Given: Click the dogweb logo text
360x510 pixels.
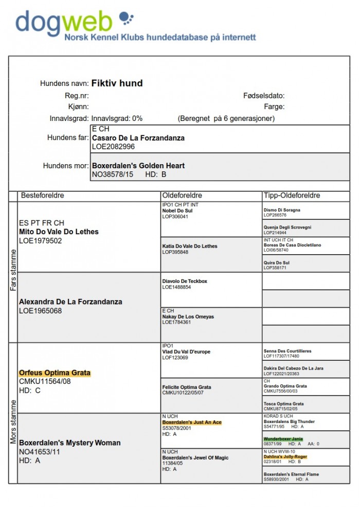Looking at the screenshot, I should [x=64, y=23].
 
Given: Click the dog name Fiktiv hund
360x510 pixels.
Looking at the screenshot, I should [x=117, y=83].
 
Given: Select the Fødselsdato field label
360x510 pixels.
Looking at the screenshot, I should [x=264, y=96].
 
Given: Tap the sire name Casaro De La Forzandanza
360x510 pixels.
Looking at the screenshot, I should [x=138, y=138].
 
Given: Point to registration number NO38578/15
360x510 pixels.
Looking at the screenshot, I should [x=113, y=174].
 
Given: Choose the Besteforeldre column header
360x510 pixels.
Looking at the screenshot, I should [x=42, y=196].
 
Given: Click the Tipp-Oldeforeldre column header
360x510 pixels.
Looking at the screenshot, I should [x=292, y=196].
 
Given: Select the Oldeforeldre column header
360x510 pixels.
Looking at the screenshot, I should [x=182, y=196].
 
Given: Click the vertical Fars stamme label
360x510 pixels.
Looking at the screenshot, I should [x=13, y=270].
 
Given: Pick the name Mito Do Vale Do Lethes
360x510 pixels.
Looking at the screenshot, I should [x=59, y=232].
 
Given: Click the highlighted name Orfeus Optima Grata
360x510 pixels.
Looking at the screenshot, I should [x=55, y=373].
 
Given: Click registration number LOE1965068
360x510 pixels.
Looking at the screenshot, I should [x=40, y=311].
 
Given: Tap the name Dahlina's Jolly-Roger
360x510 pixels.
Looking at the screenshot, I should [x=285, y=456].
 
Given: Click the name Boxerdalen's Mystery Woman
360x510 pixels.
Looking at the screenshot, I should [x=70, y=443].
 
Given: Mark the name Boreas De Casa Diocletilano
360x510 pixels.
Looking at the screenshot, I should [x=292, y=245].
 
